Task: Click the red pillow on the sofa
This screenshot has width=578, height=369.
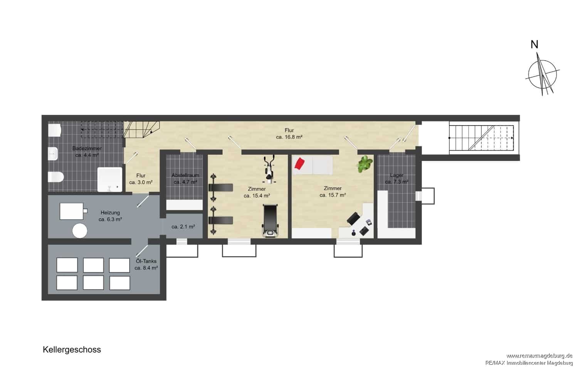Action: click(x=299, y=164)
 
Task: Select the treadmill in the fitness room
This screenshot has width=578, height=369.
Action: click(x=270, y=220)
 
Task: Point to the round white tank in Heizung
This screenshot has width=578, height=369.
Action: click(x=80, y=230)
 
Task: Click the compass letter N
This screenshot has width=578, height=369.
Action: click(x=534, y=45)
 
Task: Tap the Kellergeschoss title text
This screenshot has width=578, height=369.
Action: click(x=72, y=350)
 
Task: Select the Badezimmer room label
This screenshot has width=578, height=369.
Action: click(x=87, y=149)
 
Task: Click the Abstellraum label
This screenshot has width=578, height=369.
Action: click(x=185, y=175)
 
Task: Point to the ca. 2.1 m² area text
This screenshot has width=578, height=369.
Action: click(x=183, y=226)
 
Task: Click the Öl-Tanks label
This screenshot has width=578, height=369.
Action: click(x=146, y=261)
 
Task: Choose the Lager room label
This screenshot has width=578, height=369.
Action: click(x=397, y=175)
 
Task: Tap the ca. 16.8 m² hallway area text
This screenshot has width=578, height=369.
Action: click(x=289, y=137)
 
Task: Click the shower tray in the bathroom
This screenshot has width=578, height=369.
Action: click(x=110, y=179)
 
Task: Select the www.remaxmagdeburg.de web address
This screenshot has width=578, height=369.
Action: click(x=539, y=356)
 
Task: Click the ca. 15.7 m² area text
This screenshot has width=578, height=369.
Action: click(x=333, y=195)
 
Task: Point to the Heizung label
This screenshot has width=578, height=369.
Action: click(x=110, y=213)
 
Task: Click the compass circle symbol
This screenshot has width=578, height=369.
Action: click(x=542, y=74)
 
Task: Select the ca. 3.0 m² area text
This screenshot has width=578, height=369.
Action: click(x=141, y=182)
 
